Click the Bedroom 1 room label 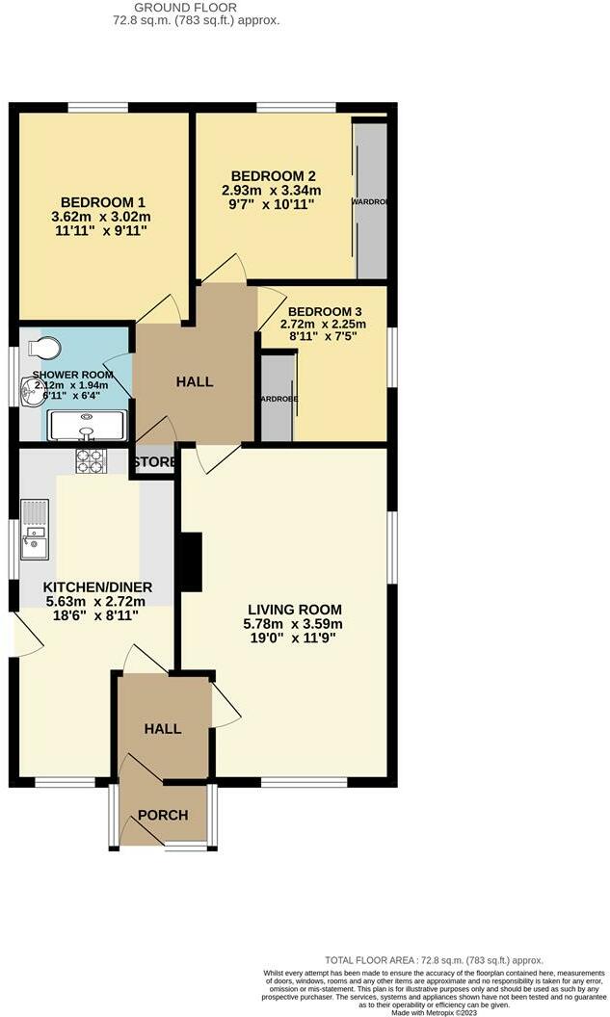pyautogui.click(x=102, y=202)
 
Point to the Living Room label pyautogui.click(x=295, y=610)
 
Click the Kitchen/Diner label pyautogui.click(x=97, y=587)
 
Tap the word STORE pyautogui.click(x=155, y=462)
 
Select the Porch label pyautogui.click(x=163, y=815)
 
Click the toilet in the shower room pyautogui.click(x=44, y=346)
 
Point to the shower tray pyautogui.click(x=86, y=425)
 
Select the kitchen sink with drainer pyautogui.click(x=34, y=530)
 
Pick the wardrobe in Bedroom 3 pyautogui.click(x=278, y=398)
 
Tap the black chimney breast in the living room pyautogui.click(x=191, y=561)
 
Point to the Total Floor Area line pyautogui.click(x=434, y=960)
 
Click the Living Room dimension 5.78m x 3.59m pyautogui.click(x=295, y=624)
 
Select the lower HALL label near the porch pyautogui.click(x=163, y=729)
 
